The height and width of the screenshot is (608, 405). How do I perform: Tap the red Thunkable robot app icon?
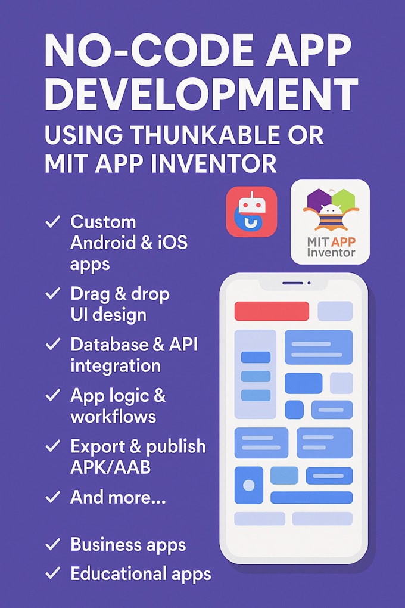251,212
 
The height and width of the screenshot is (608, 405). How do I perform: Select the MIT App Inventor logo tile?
330,222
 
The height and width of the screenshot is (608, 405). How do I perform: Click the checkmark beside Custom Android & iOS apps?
52,222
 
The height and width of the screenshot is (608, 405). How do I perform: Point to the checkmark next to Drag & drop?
52,293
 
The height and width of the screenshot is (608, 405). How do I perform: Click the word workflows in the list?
113,417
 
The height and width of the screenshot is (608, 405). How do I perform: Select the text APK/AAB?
110,467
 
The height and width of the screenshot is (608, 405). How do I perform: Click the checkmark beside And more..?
52,497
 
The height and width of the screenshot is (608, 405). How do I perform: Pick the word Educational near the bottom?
119,573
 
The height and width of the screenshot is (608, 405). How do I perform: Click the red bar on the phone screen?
272,311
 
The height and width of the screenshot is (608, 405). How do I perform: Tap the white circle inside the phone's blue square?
248,485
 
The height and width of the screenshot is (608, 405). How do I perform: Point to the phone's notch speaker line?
292,283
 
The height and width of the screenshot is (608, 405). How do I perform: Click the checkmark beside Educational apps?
52,573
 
